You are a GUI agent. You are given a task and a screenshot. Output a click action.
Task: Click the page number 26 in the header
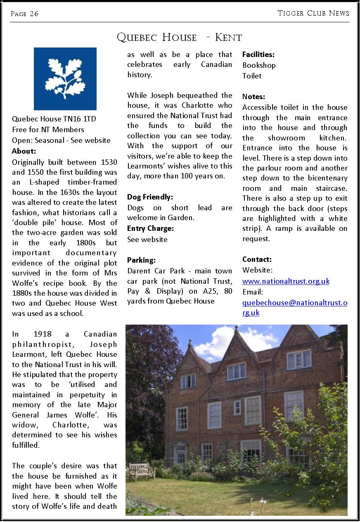click(24, 14)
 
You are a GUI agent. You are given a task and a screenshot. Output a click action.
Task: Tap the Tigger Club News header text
click(313, 13)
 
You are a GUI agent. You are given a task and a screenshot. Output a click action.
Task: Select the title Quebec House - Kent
click(180, 38)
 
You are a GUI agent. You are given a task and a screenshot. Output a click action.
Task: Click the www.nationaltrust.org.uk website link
click(286, 281)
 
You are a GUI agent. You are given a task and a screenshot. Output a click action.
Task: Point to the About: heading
click(24, 151)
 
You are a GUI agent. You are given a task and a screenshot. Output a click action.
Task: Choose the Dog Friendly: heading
click(150, 197)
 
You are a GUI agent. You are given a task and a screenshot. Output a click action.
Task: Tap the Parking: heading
click(141, 260)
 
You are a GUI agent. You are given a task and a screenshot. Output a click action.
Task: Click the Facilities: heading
click(258, 55)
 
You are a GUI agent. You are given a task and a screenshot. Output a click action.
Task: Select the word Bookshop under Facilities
click(259, 65)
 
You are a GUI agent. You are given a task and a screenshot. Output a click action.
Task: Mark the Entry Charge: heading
click(150, 228)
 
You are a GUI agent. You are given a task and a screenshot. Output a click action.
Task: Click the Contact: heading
click(257, 259)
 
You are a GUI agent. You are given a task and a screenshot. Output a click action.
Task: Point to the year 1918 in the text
click(43, 334)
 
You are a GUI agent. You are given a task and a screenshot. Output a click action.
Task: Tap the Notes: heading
click(253, 97)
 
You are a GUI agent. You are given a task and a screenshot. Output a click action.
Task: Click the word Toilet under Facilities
click(252, 76)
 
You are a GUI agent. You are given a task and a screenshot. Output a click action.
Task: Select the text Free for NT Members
click(48, 130)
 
